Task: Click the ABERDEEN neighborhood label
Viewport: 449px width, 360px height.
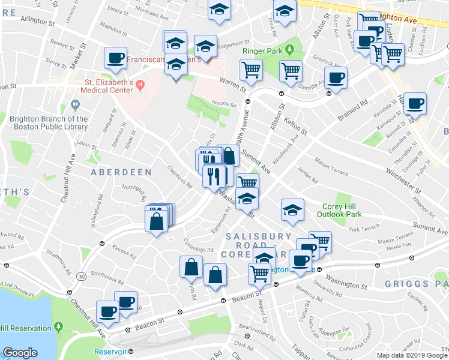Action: [x=121, y=172]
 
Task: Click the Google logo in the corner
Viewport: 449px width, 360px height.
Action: [x=20, y=353]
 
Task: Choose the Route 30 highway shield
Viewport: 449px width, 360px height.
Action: [x=80, y=276]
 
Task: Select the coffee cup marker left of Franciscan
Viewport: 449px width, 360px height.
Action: [x=115, y=58]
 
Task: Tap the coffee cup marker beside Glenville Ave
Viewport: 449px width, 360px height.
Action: [x=336, y=77]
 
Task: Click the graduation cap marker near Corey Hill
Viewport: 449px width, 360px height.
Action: [x=292, y=209]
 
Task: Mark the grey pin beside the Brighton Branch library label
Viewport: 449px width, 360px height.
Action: [x=75, y=106]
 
